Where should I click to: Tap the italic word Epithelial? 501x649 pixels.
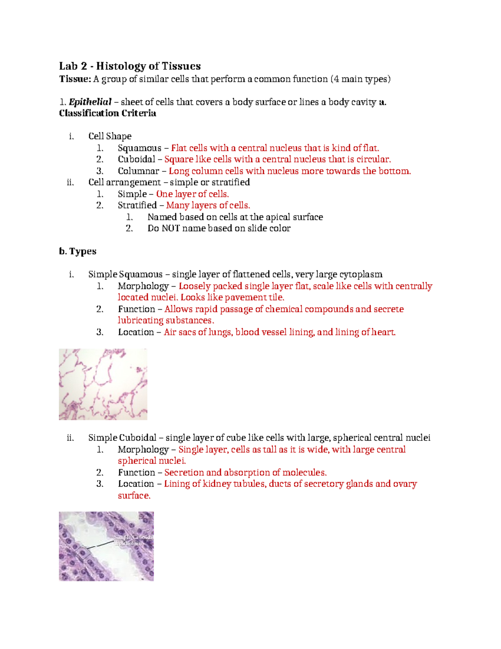click(90, 102)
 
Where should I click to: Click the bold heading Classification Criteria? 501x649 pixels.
click(107, 113)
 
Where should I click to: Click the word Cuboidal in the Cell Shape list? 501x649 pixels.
click(136, 159)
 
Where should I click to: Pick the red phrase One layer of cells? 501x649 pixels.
click(192, 194)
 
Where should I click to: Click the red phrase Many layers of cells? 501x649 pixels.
click(208, 205)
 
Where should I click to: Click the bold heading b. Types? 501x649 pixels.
click(78, 251)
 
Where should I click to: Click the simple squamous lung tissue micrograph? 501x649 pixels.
click(103, 384)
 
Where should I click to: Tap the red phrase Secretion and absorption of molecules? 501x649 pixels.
click(245, 472)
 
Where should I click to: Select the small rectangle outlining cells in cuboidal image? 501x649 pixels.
click(83, 552)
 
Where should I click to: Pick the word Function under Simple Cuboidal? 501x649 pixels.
click(136, 472)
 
